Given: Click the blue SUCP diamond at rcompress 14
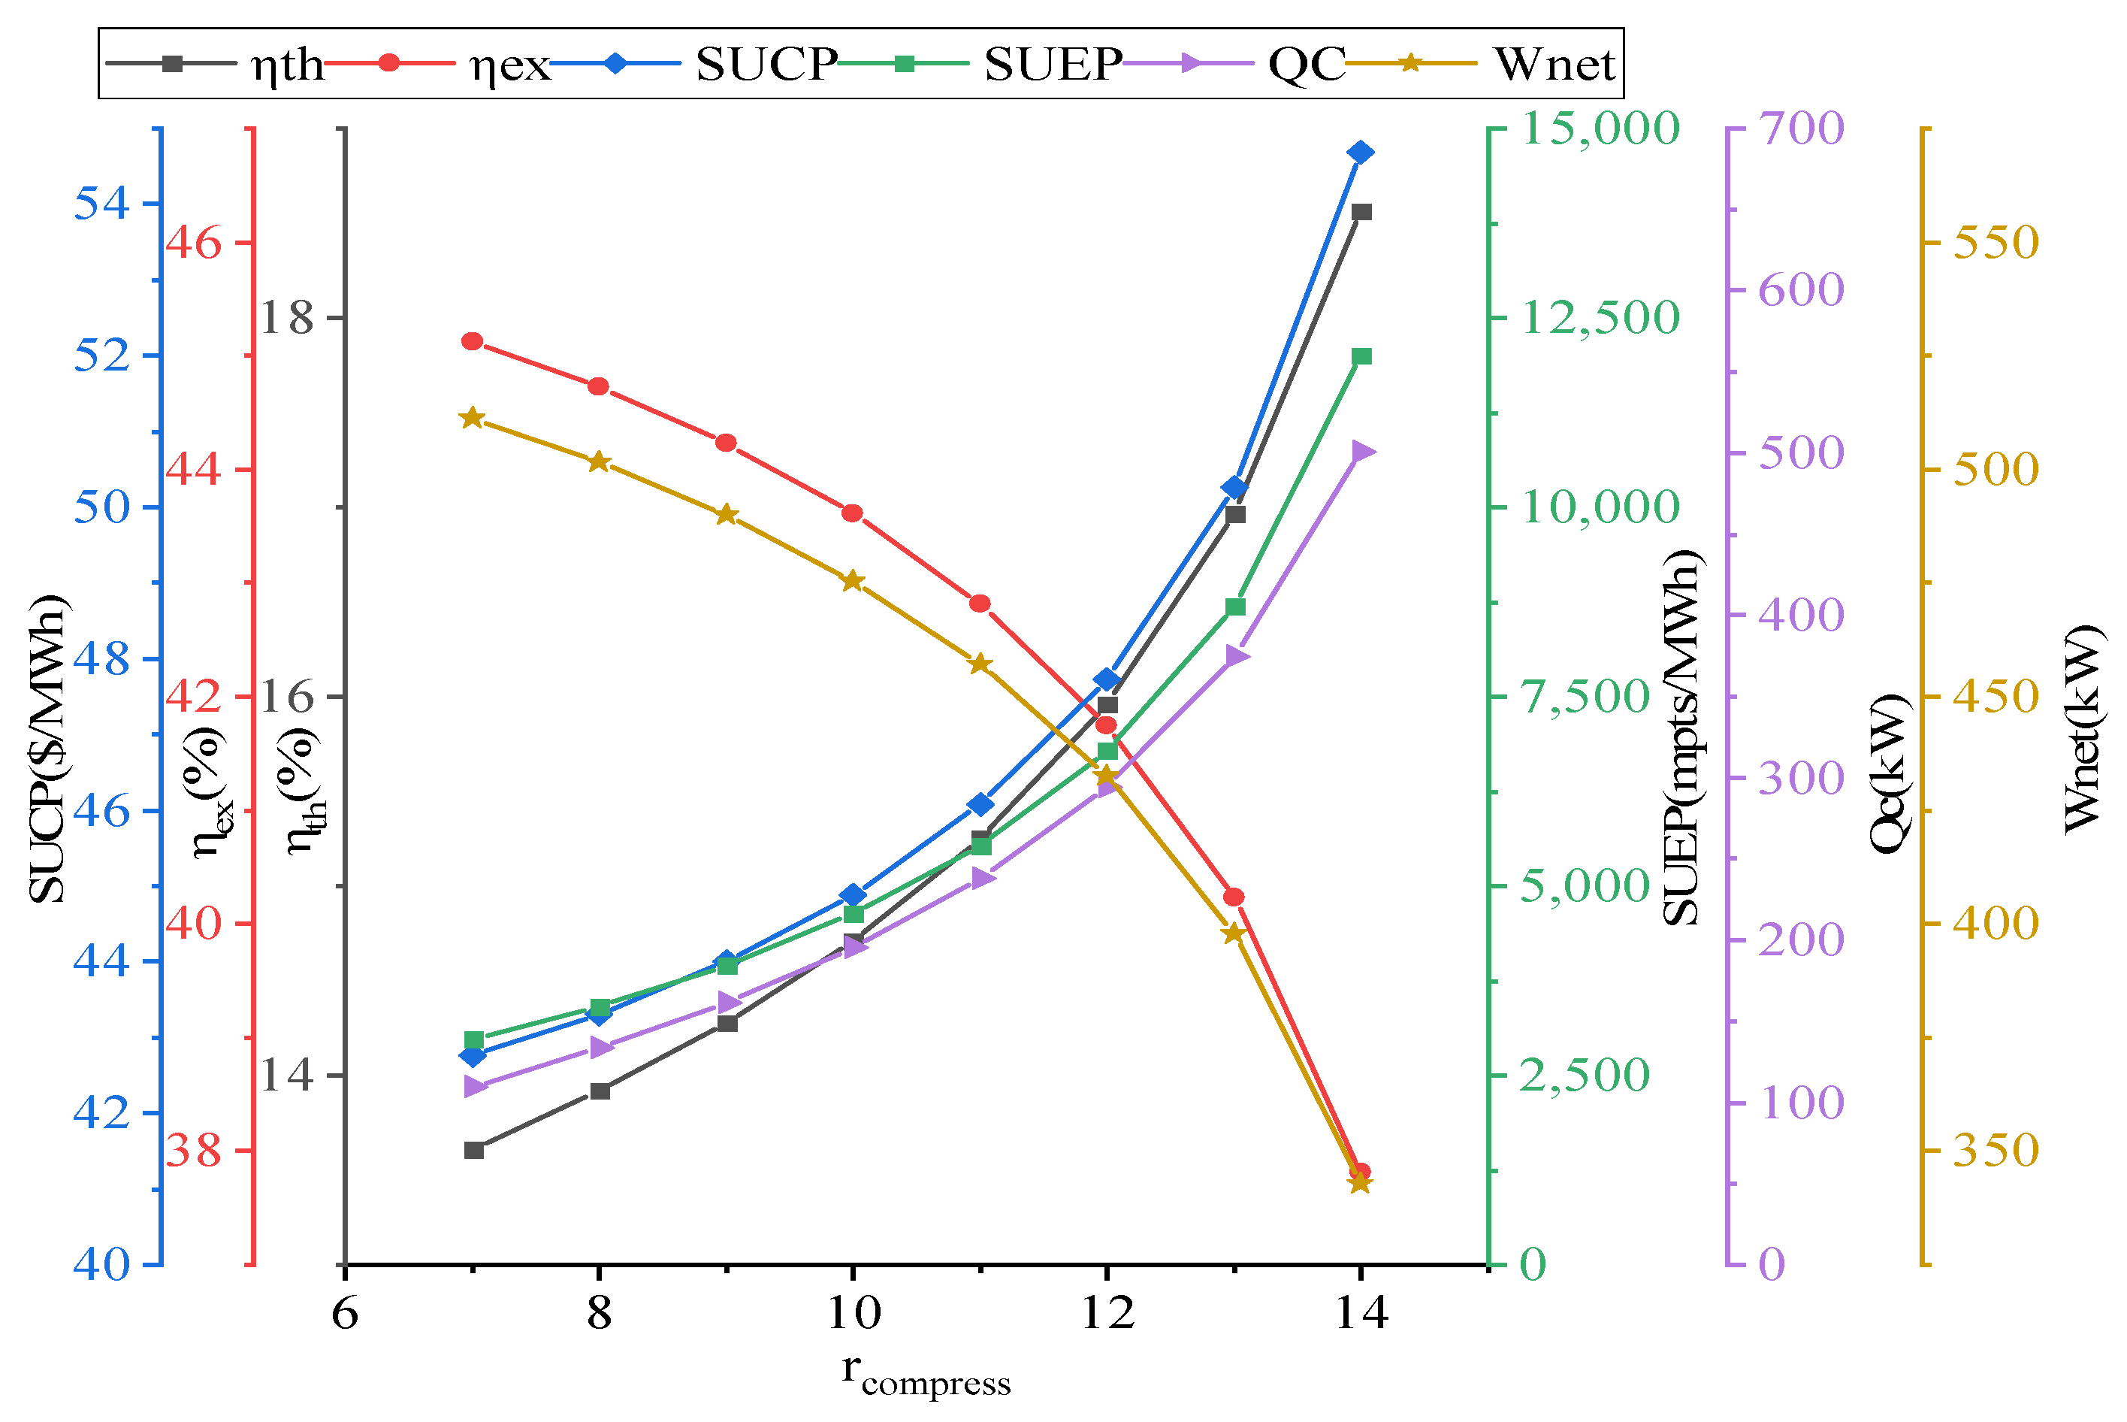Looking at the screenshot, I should pyautogui.click(x=1360, y=153).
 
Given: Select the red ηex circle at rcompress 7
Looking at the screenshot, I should pyautogui.click(x=472, y=341).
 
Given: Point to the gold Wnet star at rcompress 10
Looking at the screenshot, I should pyautogui.click(x=851, y=581).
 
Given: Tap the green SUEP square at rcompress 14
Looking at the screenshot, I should pyautogui.click(x=1361, y=356).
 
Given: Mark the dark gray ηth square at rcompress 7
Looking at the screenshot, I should pyautogui.click(x=473, y=1150).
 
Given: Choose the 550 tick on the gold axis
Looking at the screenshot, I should pyautogui.click(x=1995, y=243).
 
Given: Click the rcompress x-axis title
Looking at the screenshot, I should pyautogui.click(x=925, y=1374).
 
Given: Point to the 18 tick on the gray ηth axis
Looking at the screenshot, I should pyautogui.click(x=286, y=319).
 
